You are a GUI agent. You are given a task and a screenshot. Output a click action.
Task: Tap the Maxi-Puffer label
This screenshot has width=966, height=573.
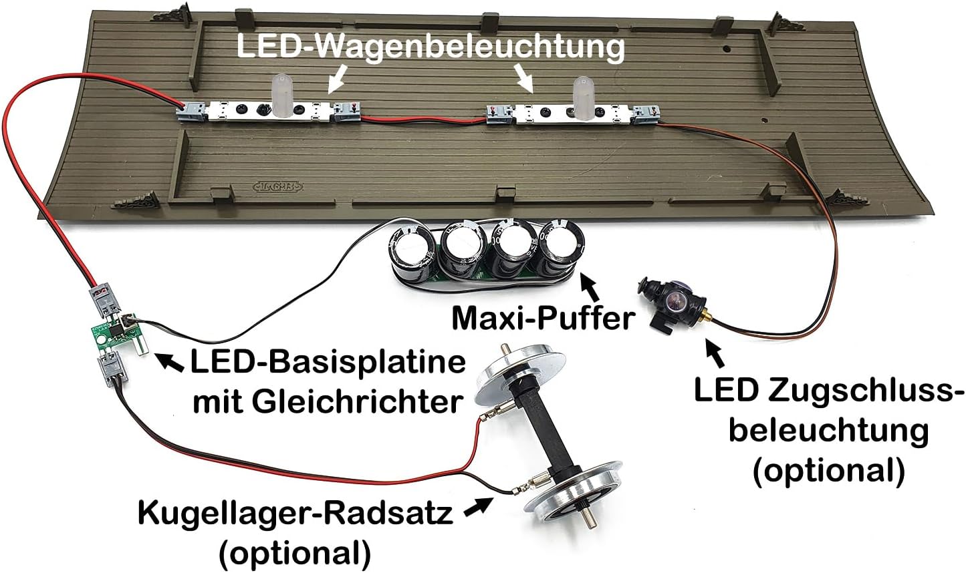(544, 319)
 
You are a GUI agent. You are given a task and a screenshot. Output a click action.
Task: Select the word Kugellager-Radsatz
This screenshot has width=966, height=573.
(295, 514)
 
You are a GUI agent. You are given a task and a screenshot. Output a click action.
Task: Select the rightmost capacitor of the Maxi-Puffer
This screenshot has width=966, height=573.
(563, 250)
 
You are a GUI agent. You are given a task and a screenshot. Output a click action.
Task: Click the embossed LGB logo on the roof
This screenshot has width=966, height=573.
(277, 186)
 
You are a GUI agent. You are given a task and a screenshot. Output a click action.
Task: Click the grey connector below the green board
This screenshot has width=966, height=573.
(114, 367)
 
